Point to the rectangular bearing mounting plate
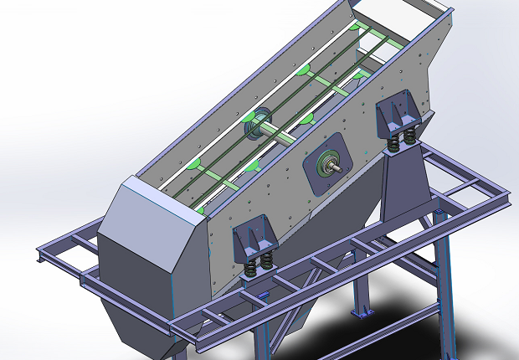(326, 162)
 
